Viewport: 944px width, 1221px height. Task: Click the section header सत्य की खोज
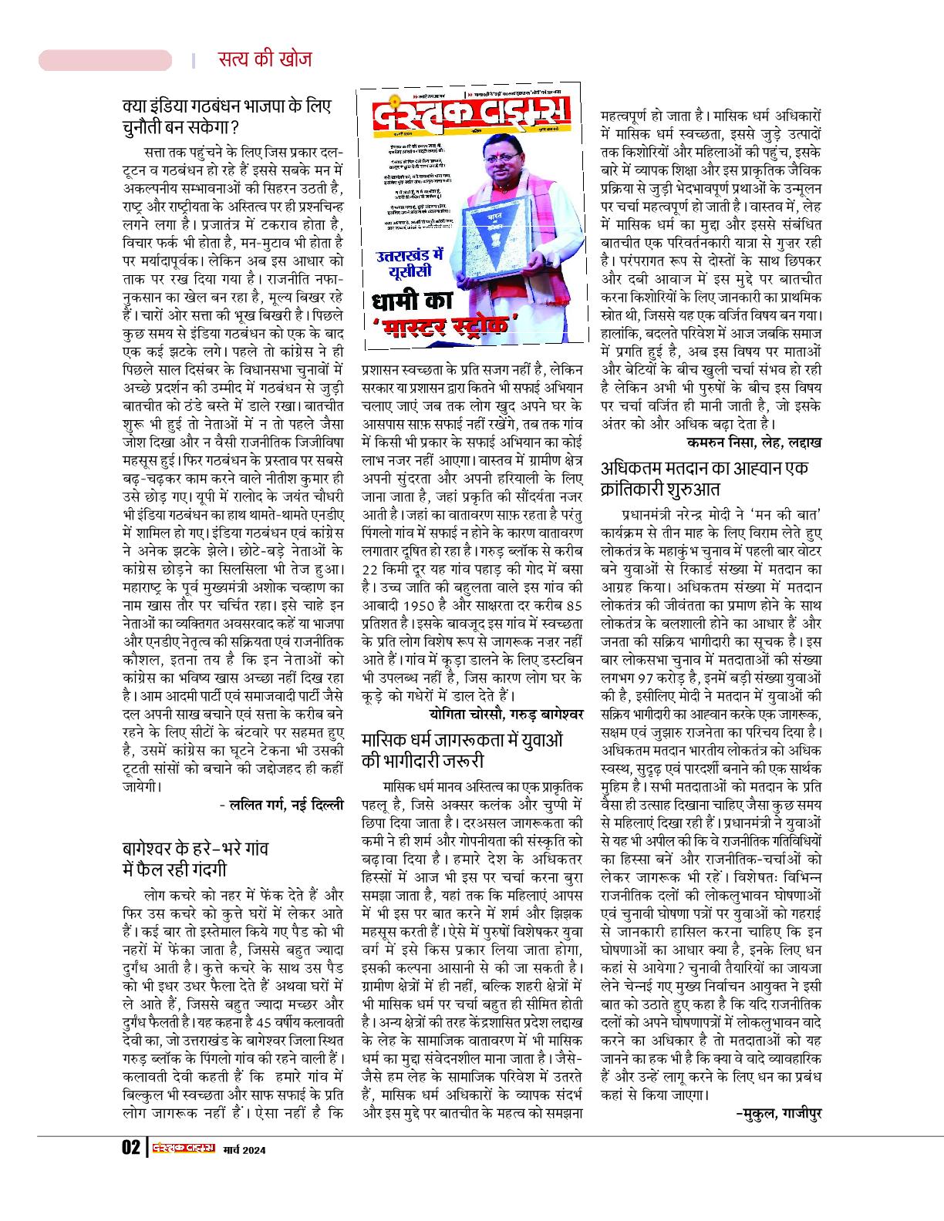pyautogui.click(x=264, y=59)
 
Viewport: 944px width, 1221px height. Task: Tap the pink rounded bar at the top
pyautogui.click(x=106, y=60)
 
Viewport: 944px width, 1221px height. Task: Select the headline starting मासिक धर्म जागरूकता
pyautogui.click(x=462, y=750)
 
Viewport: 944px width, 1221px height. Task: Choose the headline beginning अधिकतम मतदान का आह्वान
pyautogui.click(x=704, y=479)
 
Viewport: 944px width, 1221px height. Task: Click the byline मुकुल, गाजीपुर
pyautogui.click(x=778, y=1113)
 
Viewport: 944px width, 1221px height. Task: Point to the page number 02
pyautogui.click(x=130, y=1149)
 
